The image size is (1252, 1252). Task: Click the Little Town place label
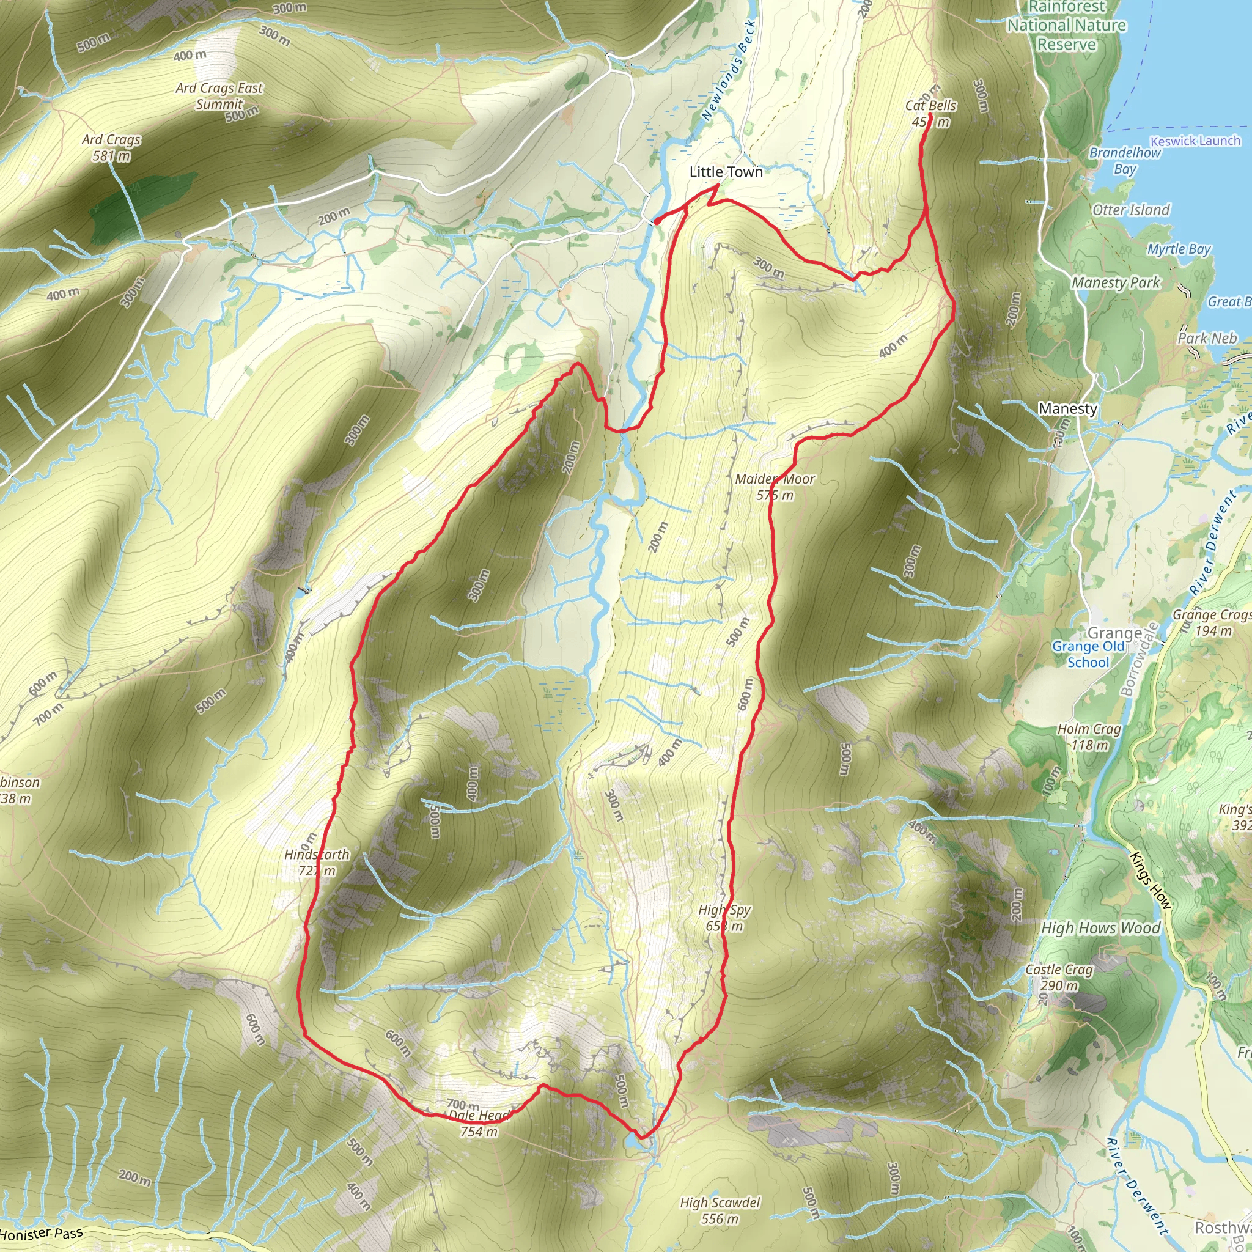[726, 172]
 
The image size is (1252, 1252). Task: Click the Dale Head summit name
[479, 1115]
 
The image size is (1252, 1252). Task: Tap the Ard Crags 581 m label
[111, 148]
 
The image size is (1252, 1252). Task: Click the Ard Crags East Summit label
[219, 96]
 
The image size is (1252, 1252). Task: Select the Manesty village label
[1067, 409]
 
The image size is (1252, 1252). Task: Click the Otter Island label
[1131, 210]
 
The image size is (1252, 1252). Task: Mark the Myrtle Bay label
[1179, 249]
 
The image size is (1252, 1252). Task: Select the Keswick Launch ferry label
[1195, 141]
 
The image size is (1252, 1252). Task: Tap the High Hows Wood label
[1100, 929]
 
